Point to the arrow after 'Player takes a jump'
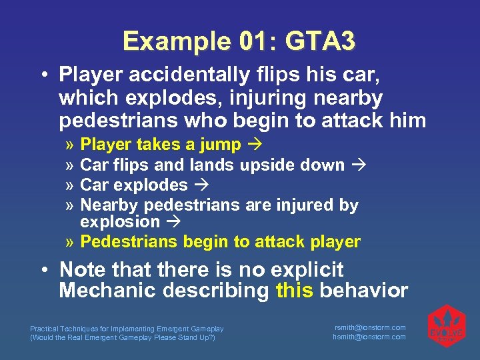[254, 145]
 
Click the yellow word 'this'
[294, 291]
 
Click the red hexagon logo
[446, 326]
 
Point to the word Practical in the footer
[44, 329]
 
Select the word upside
[265, 165]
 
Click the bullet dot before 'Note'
[43, 270]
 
